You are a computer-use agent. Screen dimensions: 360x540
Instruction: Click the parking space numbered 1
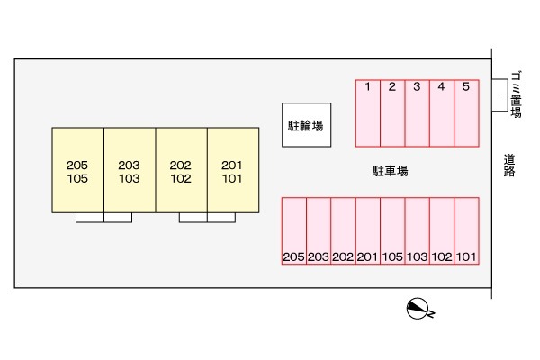368,112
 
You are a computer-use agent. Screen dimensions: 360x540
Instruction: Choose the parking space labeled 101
466,230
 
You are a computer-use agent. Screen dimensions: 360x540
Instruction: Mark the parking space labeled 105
392,230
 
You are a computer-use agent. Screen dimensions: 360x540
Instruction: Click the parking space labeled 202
343,230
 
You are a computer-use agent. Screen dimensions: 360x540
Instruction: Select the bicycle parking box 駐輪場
305,125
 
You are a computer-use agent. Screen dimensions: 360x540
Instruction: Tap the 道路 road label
508,166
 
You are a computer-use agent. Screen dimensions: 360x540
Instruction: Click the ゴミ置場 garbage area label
516,94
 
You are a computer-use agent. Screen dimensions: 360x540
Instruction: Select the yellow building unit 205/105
77,170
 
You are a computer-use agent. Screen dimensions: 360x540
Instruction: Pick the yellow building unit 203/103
130,170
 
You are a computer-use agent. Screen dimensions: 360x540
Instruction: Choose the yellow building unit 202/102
181,170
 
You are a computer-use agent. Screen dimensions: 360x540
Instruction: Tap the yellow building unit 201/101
233,170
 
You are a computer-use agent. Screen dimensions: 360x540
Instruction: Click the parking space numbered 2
392,112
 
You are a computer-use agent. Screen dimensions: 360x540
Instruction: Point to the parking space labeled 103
417,230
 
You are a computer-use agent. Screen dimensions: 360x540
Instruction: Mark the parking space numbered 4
441,112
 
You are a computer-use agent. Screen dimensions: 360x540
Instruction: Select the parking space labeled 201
367,230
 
